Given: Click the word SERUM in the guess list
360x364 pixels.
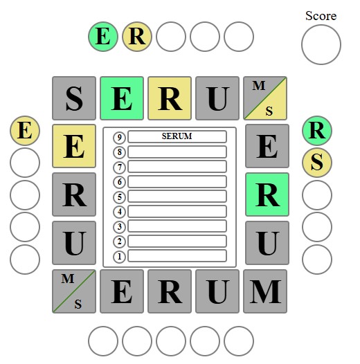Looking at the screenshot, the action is coord(177,136).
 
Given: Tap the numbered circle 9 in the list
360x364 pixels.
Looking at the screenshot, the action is coord(119,138).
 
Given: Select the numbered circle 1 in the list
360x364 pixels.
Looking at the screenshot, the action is coord(119,257).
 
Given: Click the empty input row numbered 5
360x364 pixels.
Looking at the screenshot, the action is coord(177,197).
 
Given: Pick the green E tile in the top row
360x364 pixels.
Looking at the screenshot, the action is coord(122,98).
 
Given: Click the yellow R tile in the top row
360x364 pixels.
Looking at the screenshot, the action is coord(170,98).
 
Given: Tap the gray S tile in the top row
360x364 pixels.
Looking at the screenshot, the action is coord(74,98).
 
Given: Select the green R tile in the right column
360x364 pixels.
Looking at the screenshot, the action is coord(267,194).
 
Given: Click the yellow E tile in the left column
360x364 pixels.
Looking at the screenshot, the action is coord(74,146).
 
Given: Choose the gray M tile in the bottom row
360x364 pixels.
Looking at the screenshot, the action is coord(265,291).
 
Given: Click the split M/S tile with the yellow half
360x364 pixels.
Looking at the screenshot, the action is coord(265,98).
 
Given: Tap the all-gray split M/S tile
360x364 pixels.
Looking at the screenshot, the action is coord(74,291).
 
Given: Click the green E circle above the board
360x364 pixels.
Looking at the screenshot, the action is coord(103,37).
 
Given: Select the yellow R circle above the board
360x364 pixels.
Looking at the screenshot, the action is coord(137,37).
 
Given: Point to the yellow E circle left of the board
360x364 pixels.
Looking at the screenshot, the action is coord(25,131).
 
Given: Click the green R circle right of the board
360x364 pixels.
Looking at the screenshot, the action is coord(317,131).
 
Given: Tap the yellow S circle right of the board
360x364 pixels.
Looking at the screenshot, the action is coord(317,163).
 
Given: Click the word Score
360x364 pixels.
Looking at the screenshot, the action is coord(321,16).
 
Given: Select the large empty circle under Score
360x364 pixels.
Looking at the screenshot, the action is coord(321,44).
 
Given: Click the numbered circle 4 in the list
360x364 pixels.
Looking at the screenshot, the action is coord(119,212).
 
